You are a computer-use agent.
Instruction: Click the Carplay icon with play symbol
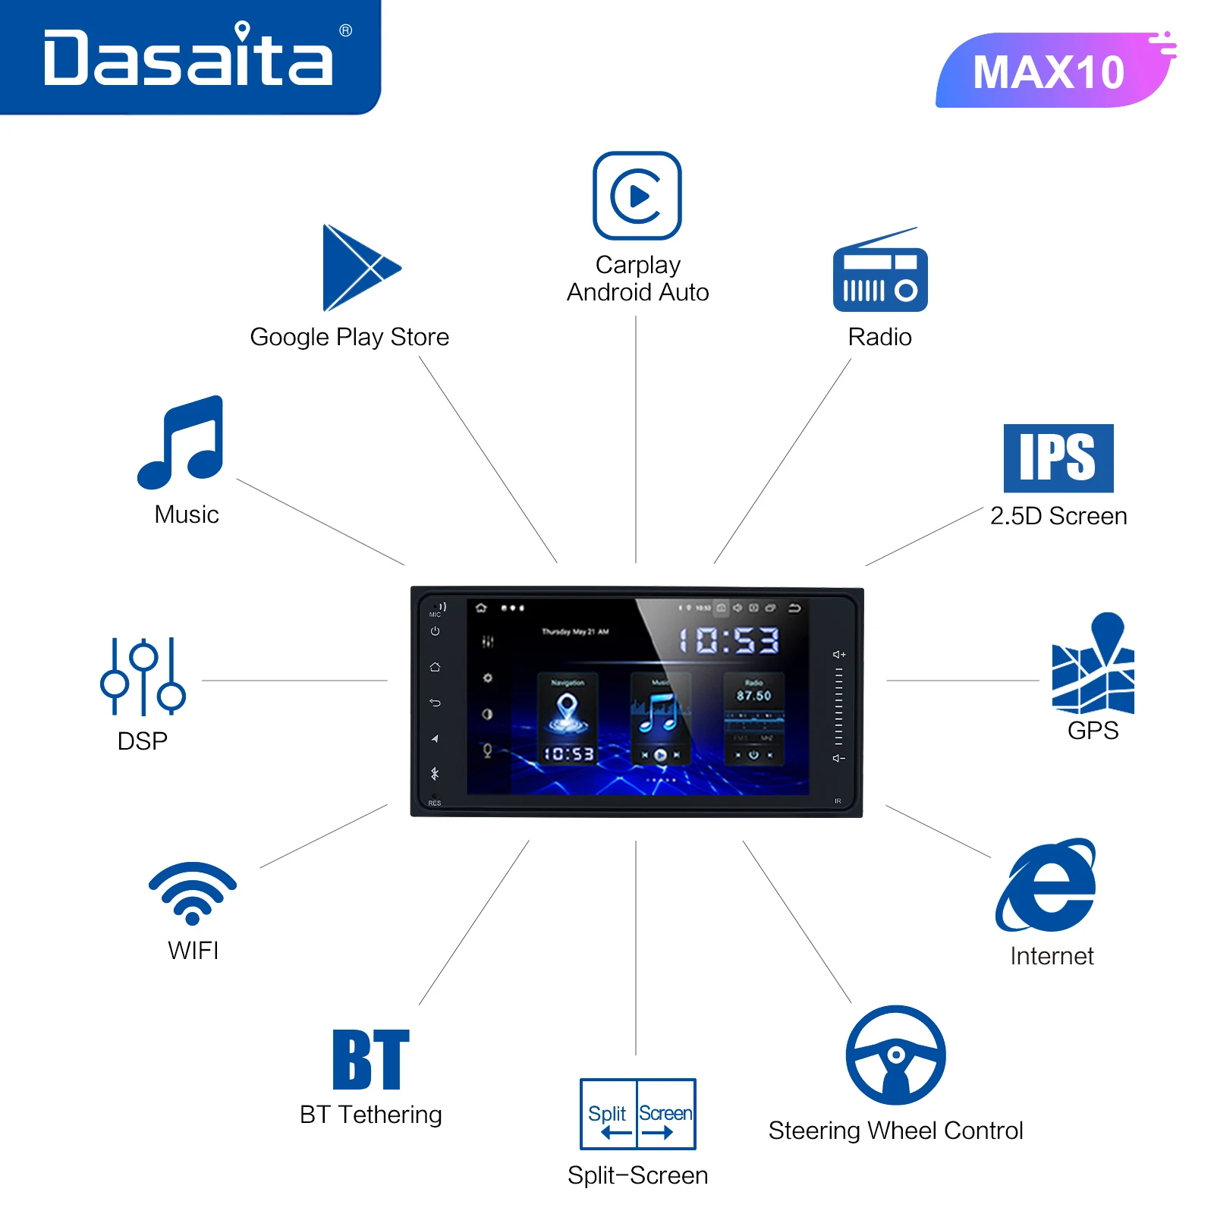637,196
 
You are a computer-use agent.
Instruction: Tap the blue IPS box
1058,458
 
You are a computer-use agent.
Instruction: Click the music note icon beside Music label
182,442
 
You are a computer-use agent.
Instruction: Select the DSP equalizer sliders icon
143,676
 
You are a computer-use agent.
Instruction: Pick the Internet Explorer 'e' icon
1047,885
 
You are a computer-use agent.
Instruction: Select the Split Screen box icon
637,1114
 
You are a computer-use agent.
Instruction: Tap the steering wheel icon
896,1055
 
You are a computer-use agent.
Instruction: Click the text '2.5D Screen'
1058,516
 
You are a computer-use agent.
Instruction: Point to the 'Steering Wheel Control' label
895,1131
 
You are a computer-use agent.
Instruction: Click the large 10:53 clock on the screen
728,640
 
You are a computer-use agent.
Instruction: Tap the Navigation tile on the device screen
568,717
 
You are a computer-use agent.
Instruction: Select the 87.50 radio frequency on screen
753,696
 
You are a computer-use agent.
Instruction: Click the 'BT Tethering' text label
370,1115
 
